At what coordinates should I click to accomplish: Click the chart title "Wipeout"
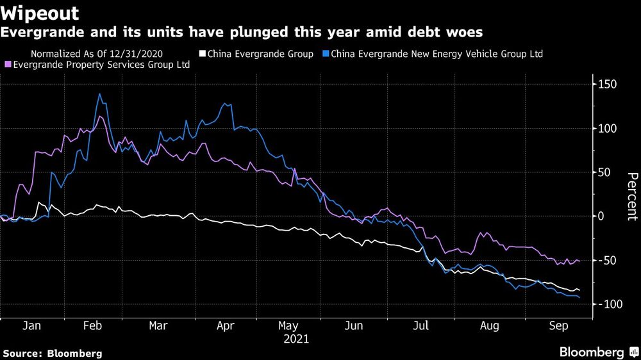40,13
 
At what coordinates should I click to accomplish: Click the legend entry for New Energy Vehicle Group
435,54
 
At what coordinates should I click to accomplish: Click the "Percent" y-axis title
631,196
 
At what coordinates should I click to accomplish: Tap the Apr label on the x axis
225,326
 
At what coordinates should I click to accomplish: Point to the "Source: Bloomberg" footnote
53,353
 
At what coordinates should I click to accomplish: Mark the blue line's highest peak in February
99,94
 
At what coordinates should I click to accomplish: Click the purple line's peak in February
99,117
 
